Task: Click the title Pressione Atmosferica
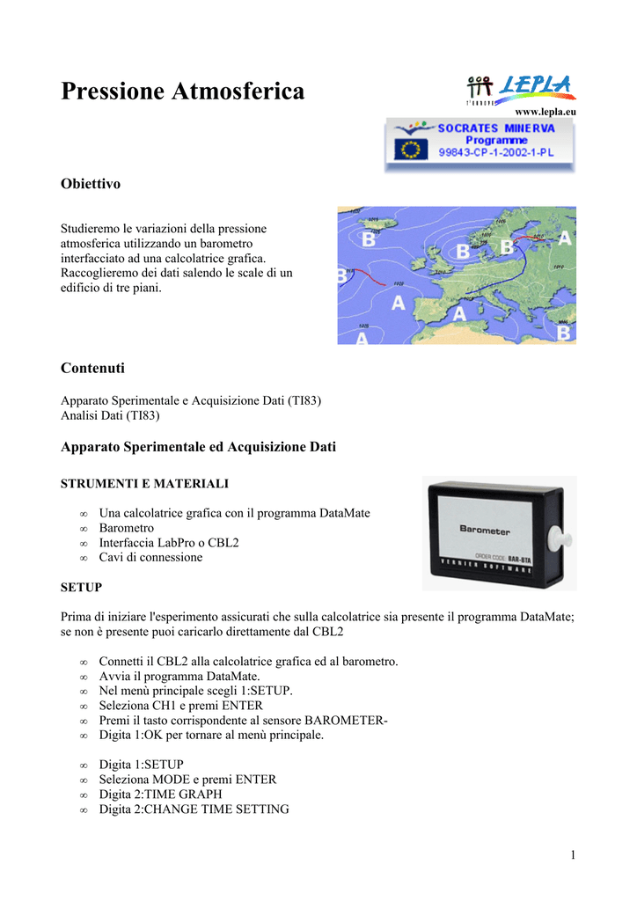[183, 91]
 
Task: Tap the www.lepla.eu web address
[545, 112]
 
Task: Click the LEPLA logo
[520, 88]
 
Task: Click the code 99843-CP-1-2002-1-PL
[497, 152]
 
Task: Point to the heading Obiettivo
[90, 184]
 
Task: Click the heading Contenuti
[92, 367]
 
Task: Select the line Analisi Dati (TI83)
[110, 415]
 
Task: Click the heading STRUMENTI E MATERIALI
[144, 484]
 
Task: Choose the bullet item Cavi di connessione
[150, 557]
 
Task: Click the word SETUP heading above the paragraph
[81, 586]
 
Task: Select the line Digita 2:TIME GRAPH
[160, 795]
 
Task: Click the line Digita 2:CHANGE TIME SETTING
[194, 809]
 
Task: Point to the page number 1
[572, 855]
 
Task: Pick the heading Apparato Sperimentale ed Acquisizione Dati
[198, 447]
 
